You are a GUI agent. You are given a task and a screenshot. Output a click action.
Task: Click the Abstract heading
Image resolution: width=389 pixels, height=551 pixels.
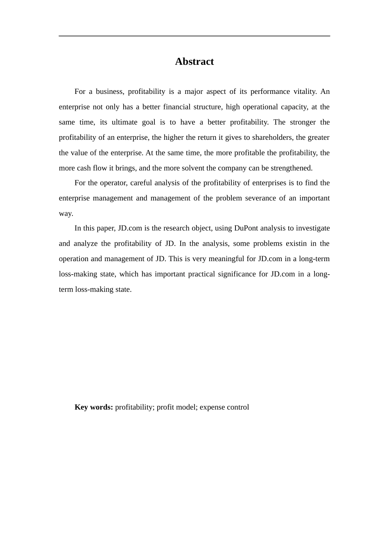tap(194, 61)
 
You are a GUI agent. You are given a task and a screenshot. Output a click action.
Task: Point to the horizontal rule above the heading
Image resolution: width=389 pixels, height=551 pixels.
tap(194, 36)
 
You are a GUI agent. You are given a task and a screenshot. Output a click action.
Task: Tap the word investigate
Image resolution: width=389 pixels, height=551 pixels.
tap(312, 228)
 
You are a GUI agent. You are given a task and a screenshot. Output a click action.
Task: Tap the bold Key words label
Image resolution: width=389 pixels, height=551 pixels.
tap(93, 407)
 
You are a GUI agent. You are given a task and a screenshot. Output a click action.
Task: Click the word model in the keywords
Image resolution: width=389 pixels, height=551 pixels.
tap(186, 407)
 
